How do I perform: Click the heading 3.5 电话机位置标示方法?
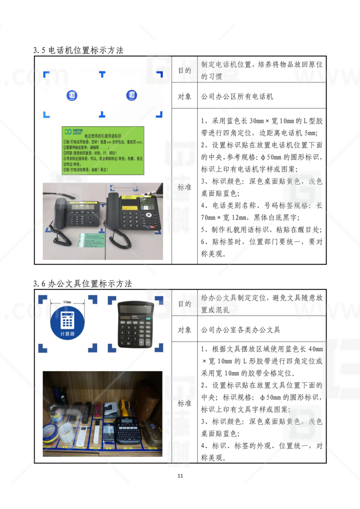point(78,50)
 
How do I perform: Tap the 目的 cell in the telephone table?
point(184,71)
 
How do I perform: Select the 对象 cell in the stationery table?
point(184,330)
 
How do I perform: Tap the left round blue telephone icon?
point(72,95)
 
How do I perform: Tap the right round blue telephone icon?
point(131,95)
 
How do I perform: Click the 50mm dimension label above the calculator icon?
point(67,302)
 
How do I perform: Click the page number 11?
point(180,476)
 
